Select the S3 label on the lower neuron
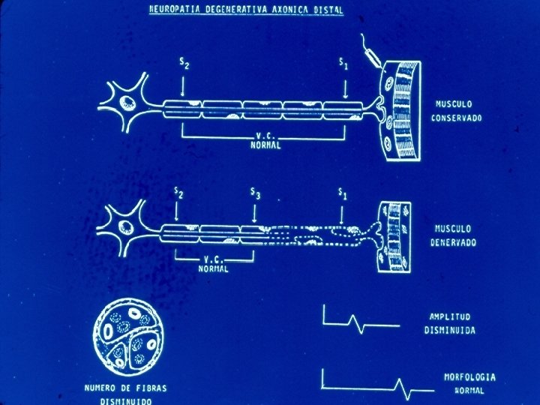(256, 196)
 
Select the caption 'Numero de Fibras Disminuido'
(124, 394)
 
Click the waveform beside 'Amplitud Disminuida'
(360, 321)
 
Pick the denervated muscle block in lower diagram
(395, 235)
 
